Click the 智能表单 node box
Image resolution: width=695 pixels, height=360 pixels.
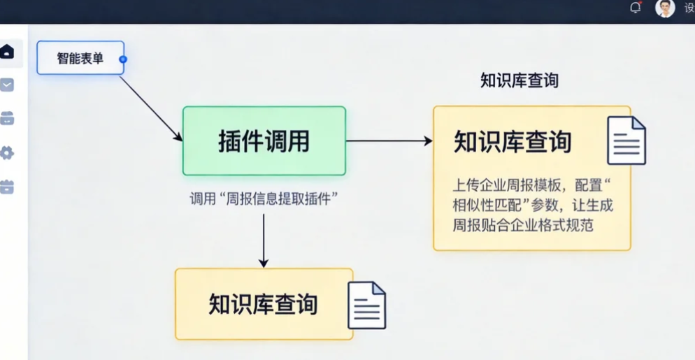(80, 58)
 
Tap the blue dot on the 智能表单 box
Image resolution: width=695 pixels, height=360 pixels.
(123, 59)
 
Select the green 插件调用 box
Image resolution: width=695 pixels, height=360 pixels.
(264, 141)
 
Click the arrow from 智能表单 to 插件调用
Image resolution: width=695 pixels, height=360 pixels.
(150, 108)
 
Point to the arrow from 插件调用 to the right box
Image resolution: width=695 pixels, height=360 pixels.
(389, 141)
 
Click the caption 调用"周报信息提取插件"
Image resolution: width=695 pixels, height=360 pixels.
(264, 199)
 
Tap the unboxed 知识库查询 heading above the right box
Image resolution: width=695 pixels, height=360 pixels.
(519, 80)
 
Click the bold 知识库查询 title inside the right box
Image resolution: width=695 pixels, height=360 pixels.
(513, 141)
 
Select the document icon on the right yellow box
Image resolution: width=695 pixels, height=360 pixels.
(626, 141)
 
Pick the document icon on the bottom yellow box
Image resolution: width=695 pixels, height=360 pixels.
(367, 305)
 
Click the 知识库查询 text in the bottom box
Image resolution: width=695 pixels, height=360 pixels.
(263, 304)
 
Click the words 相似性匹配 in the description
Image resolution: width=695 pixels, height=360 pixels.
(483, 206)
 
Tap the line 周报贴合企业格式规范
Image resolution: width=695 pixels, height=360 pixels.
(523, 226)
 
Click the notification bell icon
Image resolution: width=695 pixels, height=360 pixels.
(635, 8)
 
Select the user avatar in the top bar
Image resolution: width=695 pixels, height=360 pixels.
(665, 8)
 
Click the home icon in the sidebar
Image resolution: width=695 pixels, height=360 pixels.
(7, 52)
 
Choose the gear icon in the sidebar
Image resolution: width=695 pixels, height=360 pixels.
(7, 153)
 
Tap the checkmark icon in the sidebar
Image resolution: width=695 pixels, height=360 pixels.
(7, 85)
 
